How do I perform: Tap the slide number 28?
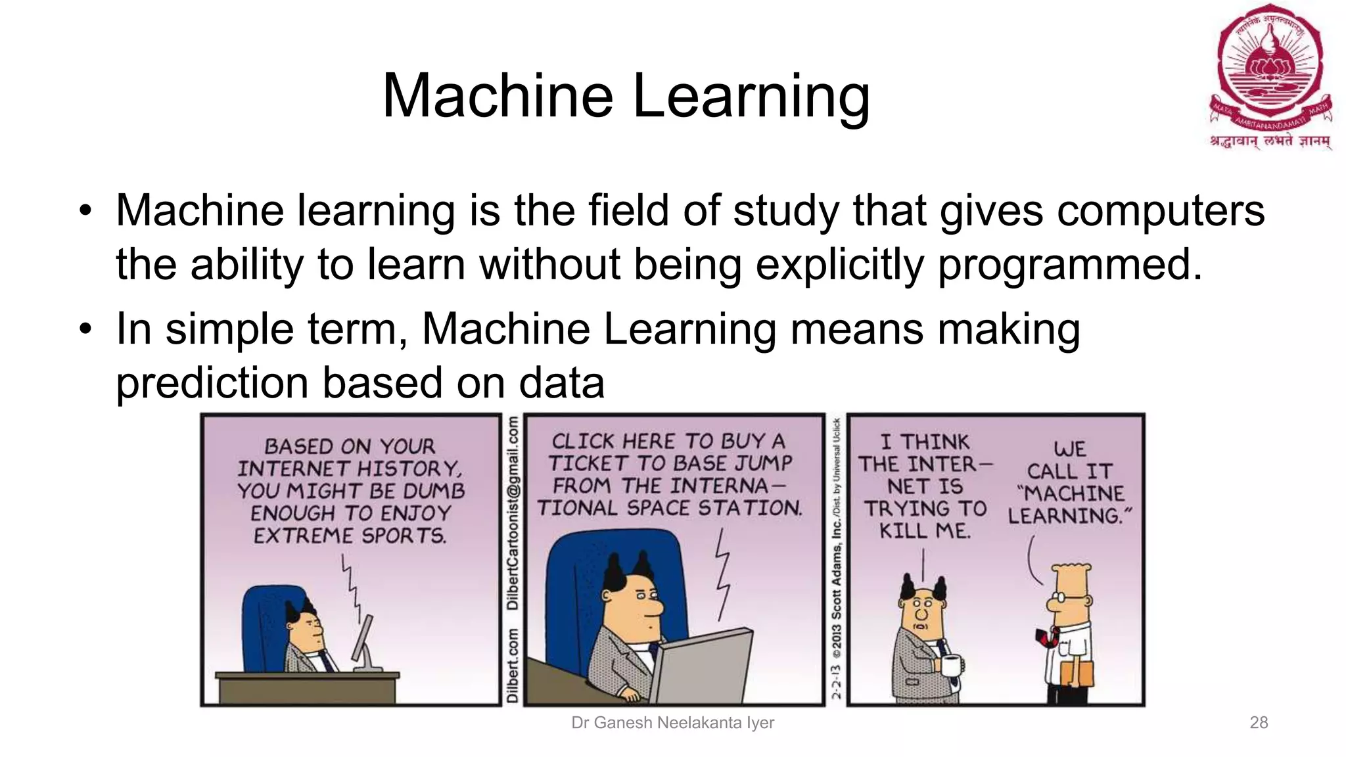pos(1259,723)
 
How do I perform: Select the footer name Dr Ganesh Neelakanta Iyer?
pos(672,723)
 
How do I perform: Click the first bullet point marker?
pos(85,212)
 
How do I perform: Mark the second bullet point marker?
pos(85,329)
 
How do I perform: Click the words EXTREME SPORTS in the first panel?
pos(350,536)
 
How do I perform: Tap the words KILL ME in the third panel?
pos(925,531)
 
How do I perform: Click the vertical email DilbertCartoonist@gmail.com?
pos(513,513)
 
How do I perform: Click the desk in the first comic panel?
pos(308,687)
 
